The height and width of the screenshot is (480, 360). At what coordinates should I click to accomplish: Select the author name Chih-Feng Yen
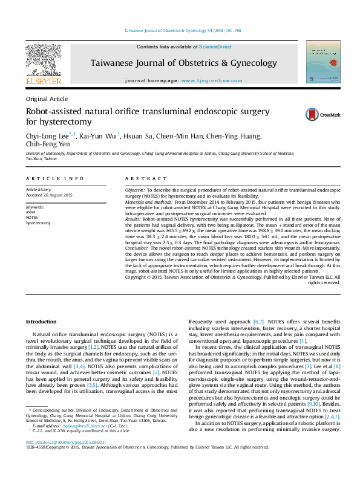pyautogui.click(x=48, y=144)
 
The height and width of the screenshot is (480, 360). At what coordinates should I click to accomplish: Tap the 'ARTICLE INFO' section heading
pyautogui.click(x=55, y=179)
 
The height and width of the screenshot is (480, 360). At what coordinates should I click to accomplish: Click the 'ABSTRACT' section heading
pyautogui.click(x=145, y=179)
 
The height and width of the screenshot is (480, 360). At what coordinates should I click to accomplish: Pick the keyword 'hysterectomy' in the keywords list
pyautogui.click(x=38, y=222)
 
